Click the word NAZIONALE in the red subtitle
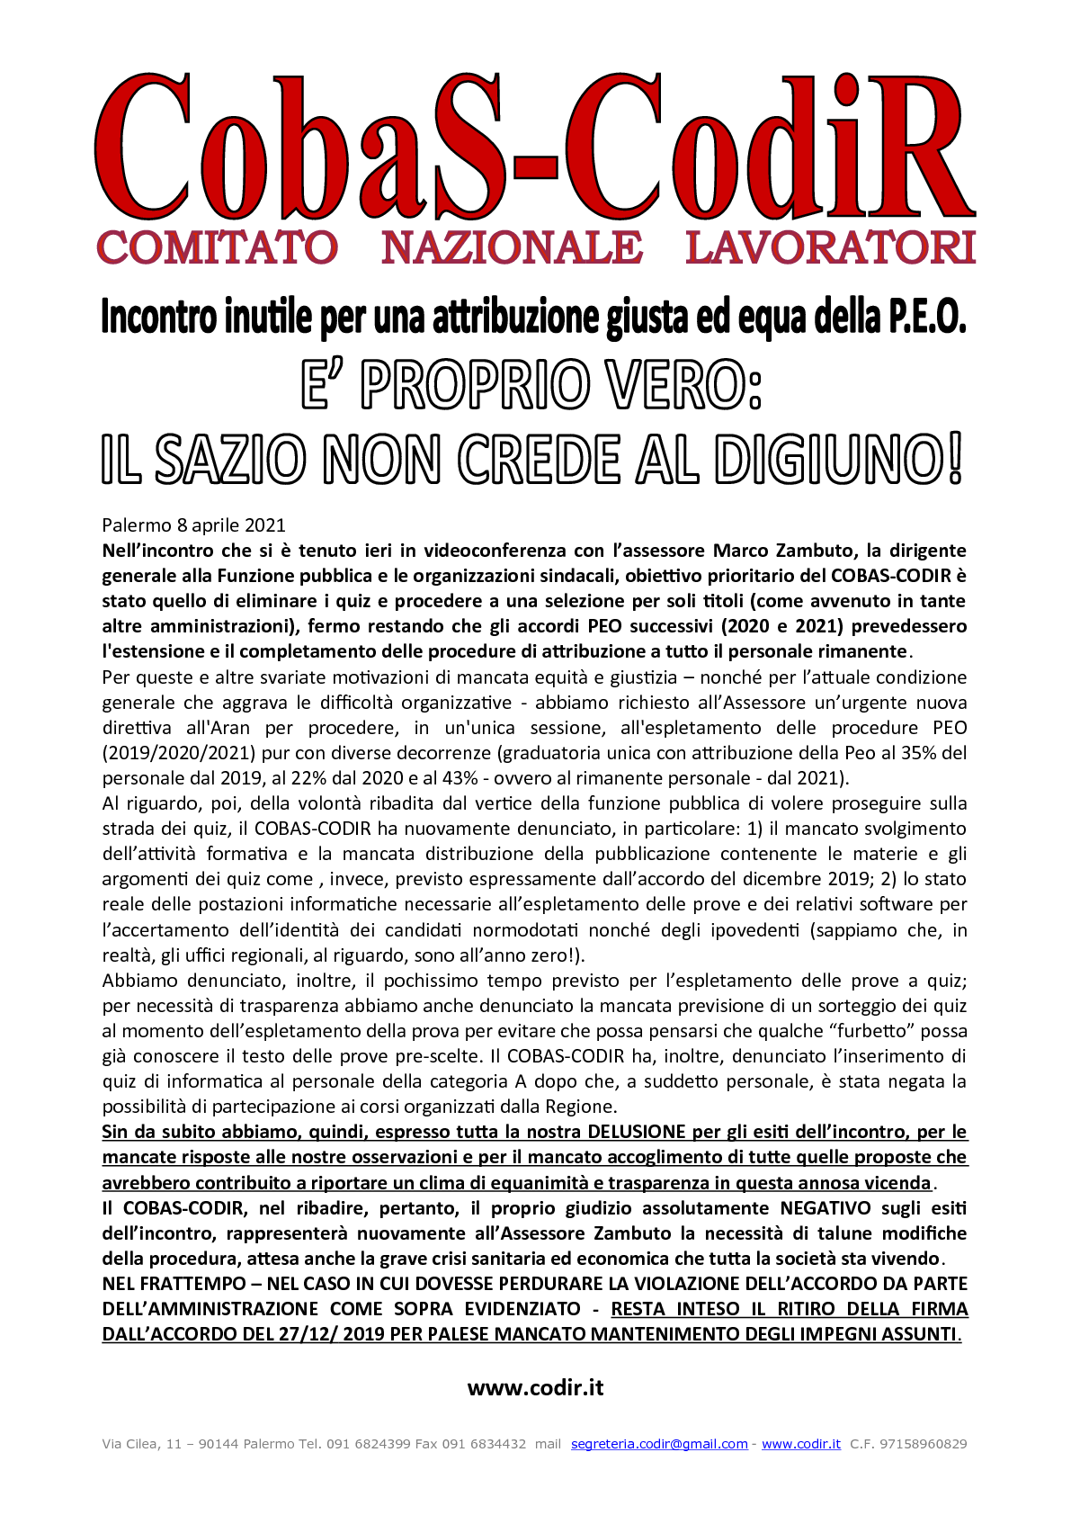511,248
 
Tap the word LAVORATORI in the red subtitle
830,248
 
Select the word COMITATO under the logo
217,248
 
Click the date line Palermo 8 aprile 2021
193,525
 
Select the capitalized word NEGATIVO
825,1208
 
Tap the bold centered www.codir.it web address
535,1388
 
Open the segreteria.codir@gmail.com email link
659,1444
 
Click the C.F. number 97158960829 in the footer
924,1444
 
